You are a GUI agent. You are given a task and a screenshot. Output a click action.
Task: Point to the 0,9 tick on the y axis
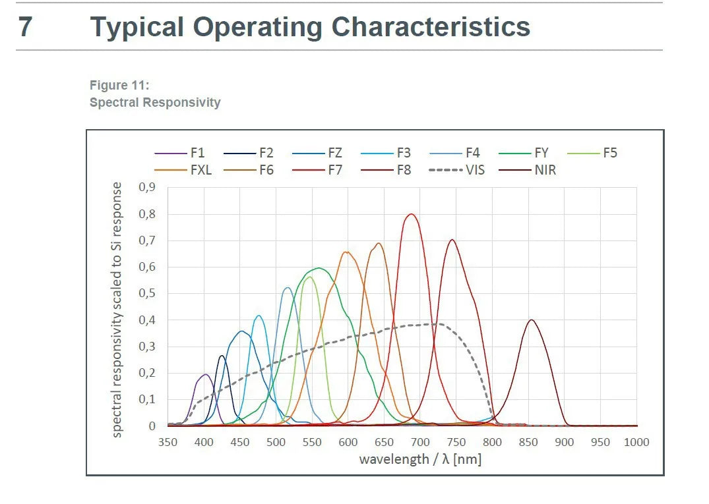(147, 188)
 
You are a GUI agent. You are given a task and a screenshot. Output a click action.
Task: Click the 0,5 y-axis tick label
(147, 294)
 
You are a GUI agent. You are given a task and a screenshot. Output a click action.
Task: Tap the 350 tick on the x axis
(168, 442)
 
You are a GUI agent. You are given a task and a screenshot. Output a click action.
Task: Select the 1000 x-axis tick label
(636, 442)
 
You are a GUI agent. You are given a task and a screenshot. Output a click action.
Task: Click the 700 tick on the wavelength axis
(420, 442)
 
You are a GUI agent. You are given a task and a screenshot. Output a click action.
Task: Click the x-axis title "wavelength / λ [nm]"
(420, 459)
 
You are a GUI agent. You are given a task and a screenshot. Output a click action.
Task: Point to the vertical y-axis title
(117, 310)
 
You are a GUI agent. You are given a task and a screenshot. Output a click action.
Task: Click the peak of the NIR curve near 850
(531, 320)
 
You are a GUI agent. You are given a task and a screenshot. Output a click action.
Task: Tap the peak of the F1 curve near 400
(205, 375)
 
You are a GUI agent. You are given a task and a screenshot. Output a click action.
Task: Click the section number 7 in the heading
(24, 27)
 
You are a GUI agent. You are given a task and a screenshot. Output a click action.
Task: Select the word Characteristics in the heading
(431, 27)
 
